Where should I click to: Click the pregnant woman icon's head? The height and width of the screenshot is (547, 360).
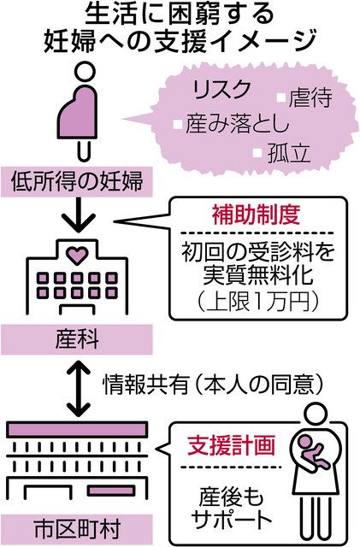coord(86,72)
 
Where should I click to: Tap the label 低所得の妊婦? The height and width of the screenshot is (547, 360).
coord(76,182)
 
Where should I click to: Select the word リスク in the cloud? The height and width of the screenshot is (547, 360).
coord(221,90)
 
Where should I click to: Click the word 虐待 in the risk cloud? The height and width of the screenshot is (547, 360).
coord(310,98)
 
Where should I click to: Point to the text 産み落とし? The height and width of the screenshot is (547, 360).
coord(238,124)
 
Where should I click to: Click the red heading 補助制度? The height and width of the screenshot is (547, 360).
coord(256,215)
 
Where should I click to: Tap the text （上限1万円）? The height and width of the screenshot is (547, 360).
coord(258,301)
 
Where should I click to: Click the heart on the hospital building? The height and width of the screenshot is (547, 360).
coord(77,255)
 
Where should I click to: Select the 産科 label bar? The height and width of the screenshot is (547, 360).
coord(76,339)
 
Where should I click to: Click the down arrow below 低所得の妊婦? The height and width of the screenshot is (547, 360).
coord(78,215)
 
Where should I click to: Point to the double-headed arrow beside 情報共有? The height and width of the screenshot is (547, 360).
coord(79,387)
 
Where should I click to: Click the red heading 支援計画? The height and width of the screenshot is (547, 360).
coord(232,445)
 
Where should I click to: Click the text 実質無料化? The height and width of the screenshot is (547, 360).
coord(258,275)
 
